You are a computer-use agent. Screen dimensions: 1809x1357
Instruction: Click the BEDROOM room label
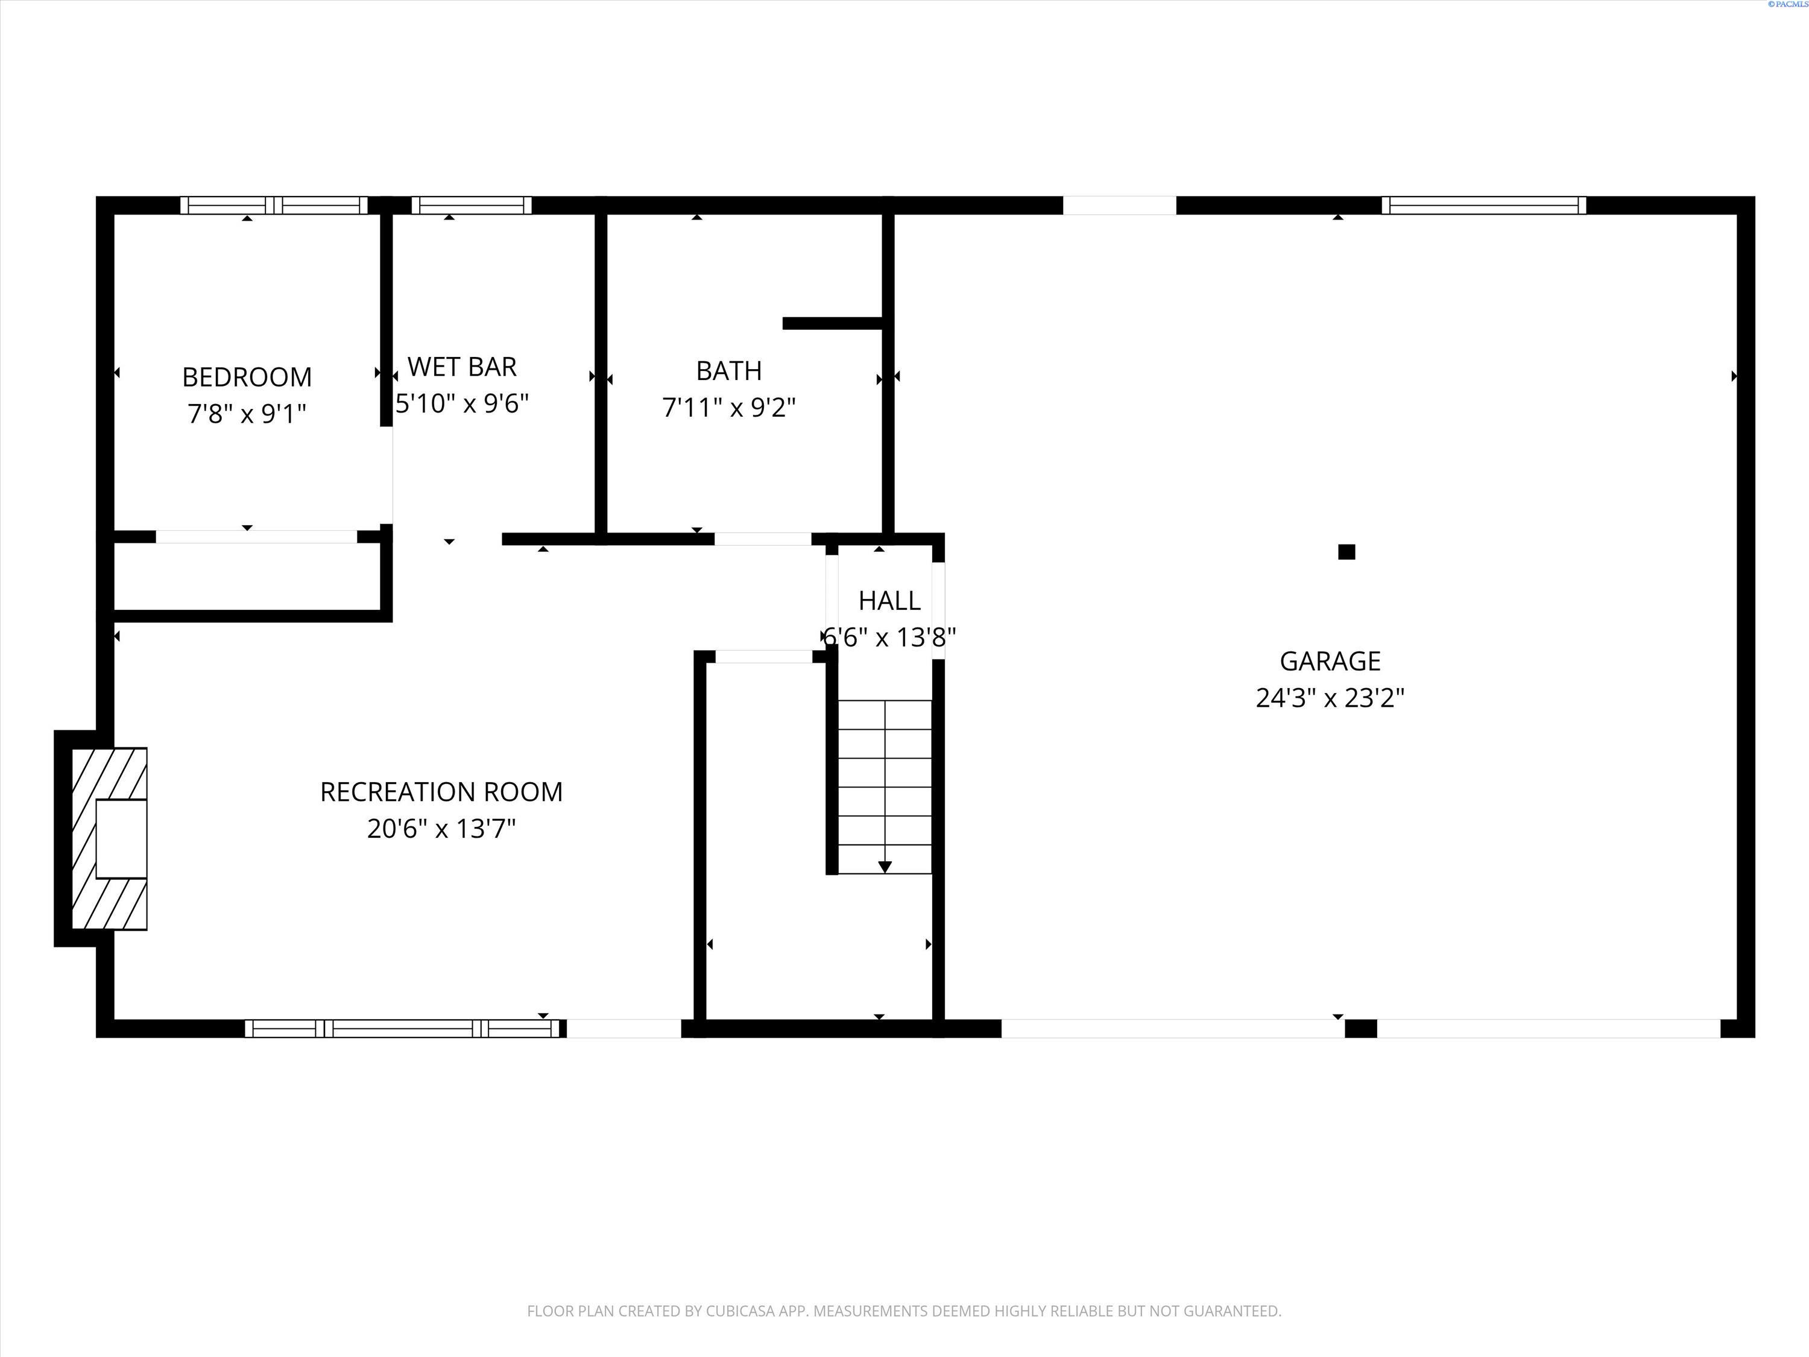click(247, 377)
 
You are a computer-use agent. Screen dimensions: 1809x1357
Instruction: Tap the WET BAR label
click(462, 367)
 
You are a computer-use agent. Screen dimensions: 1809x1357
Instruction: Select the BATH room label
click(728, 370)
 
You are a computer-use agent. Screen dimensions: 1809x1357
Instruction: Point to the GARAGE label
click(1330, 661)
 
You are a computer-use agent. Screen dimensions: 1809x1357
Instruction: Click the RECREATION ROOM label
click(441, 792)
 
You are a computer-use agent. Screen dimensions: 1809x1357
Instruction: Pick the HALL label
click(889, 600)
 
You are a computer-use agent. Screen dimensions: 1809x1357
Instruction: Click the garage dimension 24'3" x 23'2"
click(1330, 698)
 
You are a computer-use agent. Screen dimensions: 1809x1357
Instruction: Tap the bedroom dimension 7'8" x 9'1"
click(247, 414)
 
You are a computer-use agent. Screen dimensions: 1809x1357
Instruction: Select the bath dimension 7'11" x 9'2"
click(728, 407)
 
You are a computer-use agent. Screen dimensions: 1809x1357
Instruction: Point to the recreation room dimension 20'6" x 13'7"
click(441, 829)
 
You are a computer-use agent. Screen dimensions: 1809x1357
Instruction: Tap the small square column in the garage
click(1346, 552)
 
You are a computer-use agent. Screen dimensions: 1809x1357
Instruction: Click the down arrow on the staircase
click(885, 866)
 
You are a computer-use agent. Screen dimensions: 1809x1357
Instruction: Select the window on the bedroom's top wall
click(274, 205)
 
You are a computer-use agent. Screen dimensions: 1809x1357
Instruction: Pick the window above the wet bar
click(471, 205)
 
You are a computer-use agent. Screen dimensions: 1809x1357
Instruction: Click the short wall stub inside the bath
click(833, 323)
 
